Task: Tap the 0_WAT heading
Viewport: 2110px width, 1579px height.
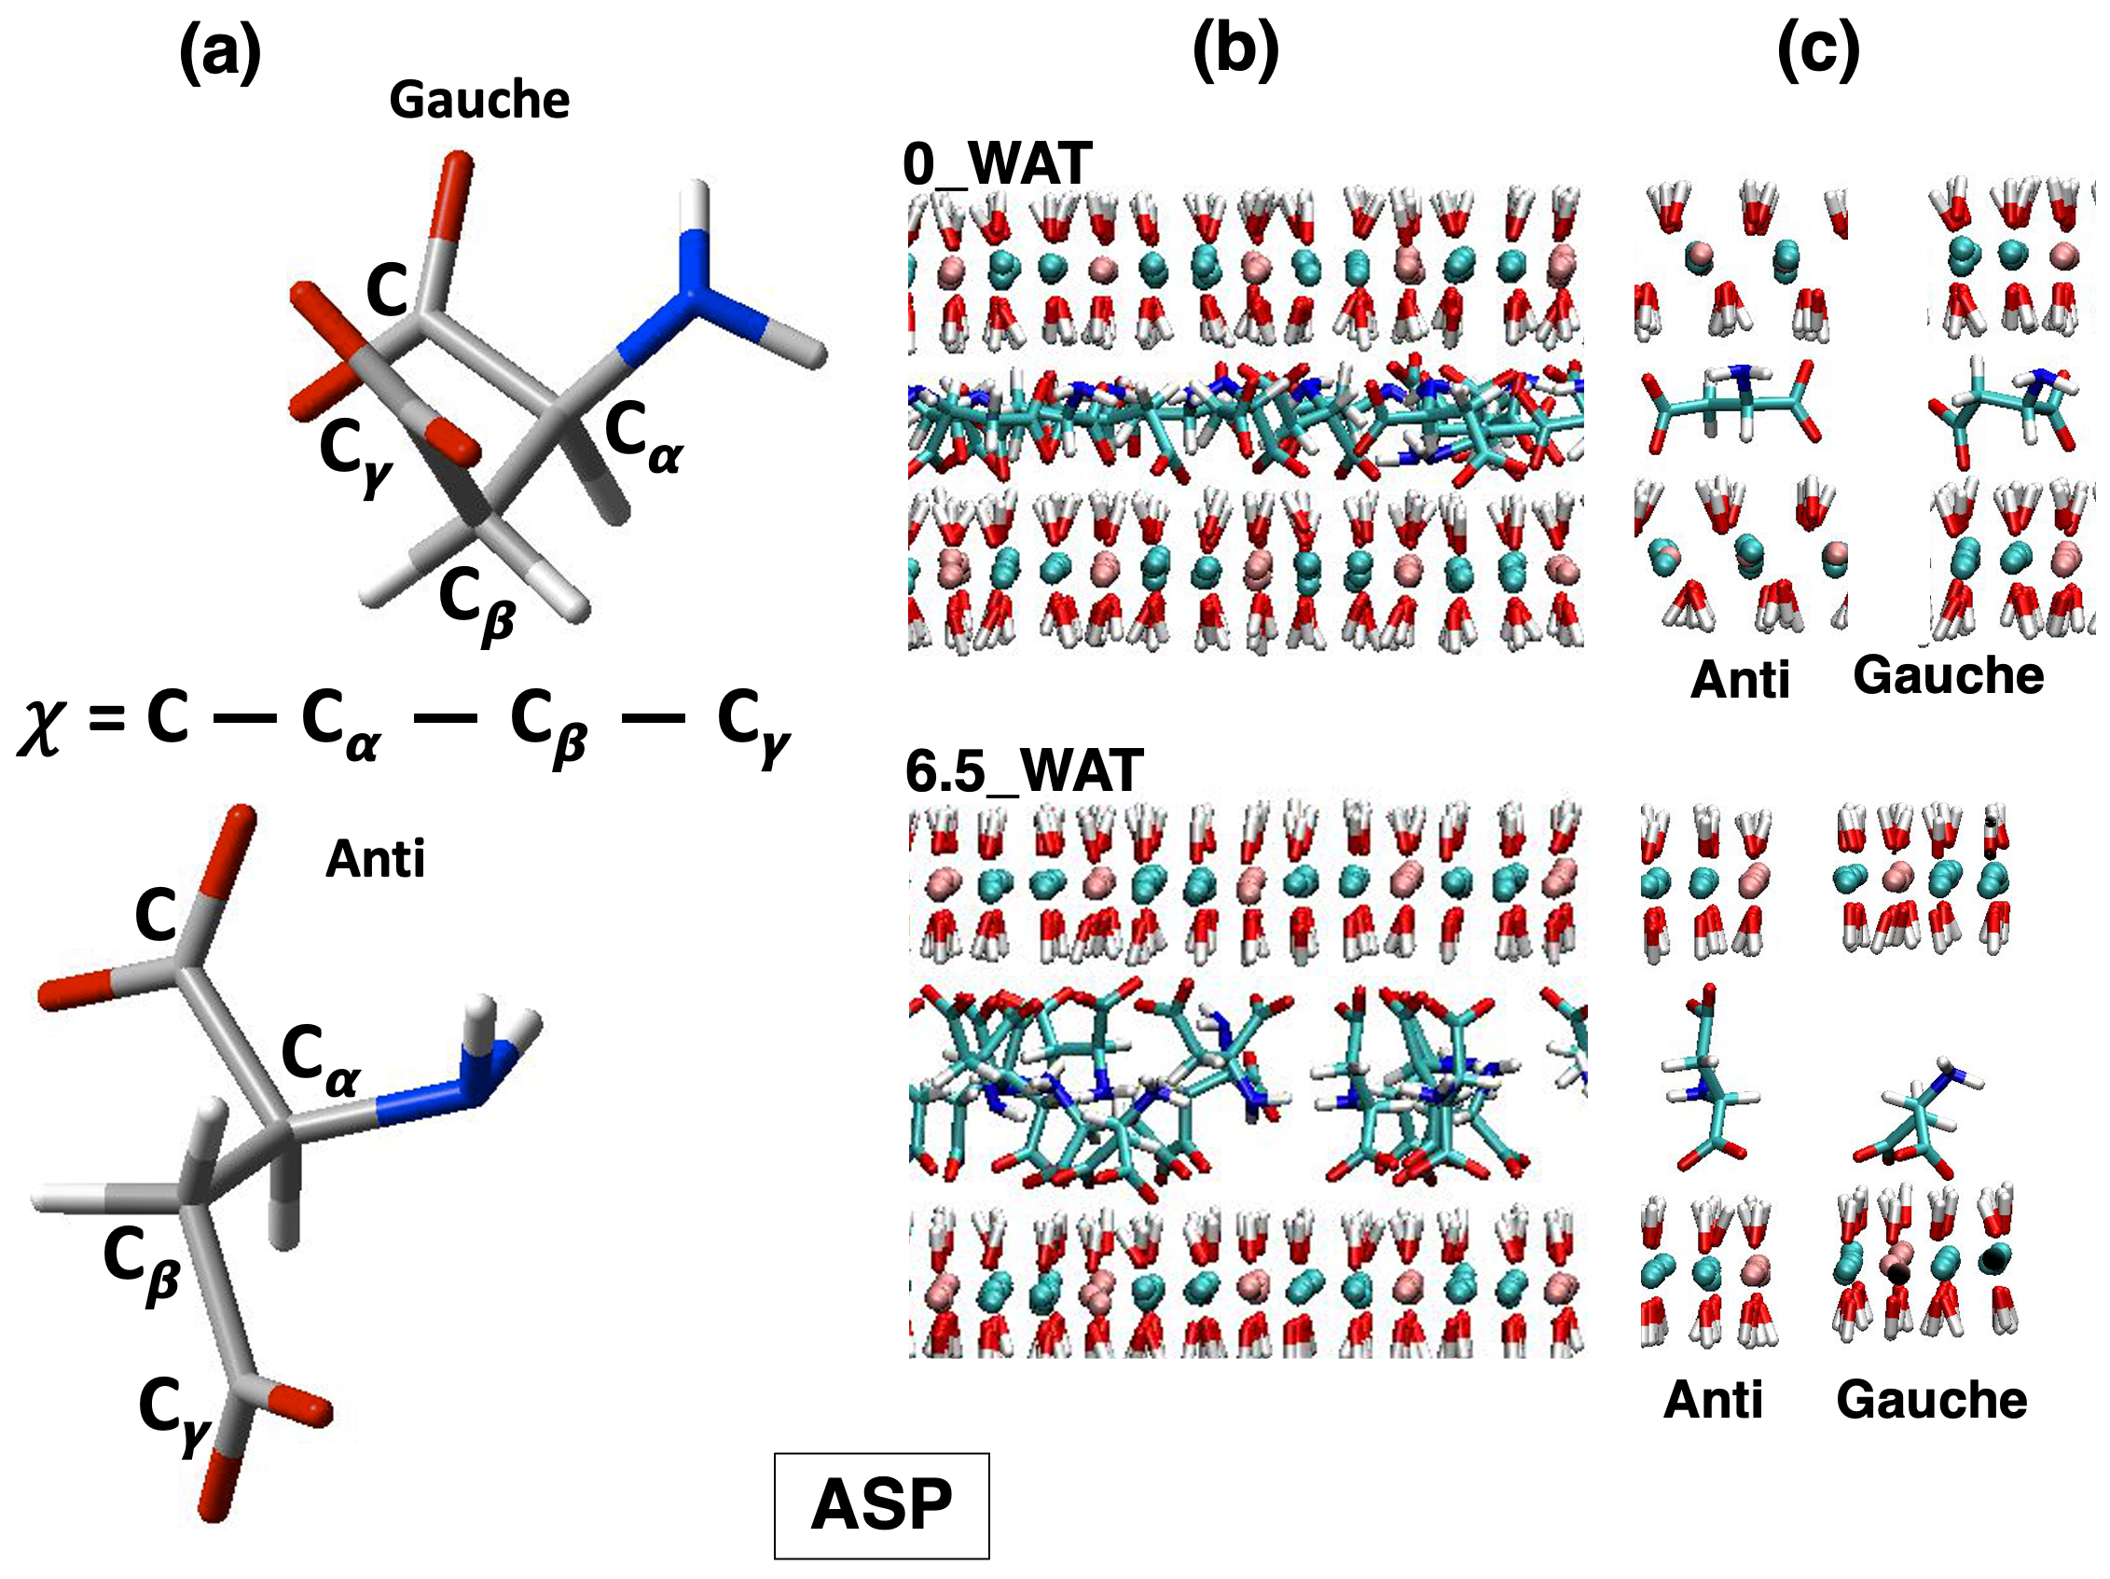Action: pyautogui.click(x=997, y=164)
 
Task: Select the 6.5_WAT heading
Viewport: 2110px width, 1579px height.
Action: pyautogui.click(x=1024, y=771)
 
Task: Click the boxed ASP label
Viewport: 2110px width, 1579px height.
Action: pyautogui.click(x=880, y=1505)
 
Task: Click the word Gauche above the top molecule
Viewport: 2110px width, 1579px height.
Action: pyautogui.click(x=479, y=100)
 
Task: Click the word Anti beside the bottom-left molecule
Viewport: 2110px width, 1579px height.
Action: pyautogui.click(x=375, y=860)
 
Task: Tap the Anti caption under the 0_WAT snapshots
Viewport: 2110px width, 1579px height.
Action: pyautogui.click(x=1739, y=680)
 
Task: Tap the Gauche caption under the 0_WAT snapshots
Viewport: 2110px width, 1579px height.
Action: pyautogui.click(x=1948, y=675)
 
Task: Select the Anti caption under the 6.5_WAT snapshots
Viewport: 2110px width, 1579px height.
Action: pyautogui.click(x=1712, y=1401)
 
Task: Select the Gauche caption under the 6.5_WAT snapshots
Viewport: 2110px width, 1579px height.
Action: pyautogui.click(x=1931, y=1401)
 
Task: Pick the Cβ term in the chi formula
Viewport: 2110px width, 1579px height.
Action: pyautogui.click(x=548, y=725)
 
